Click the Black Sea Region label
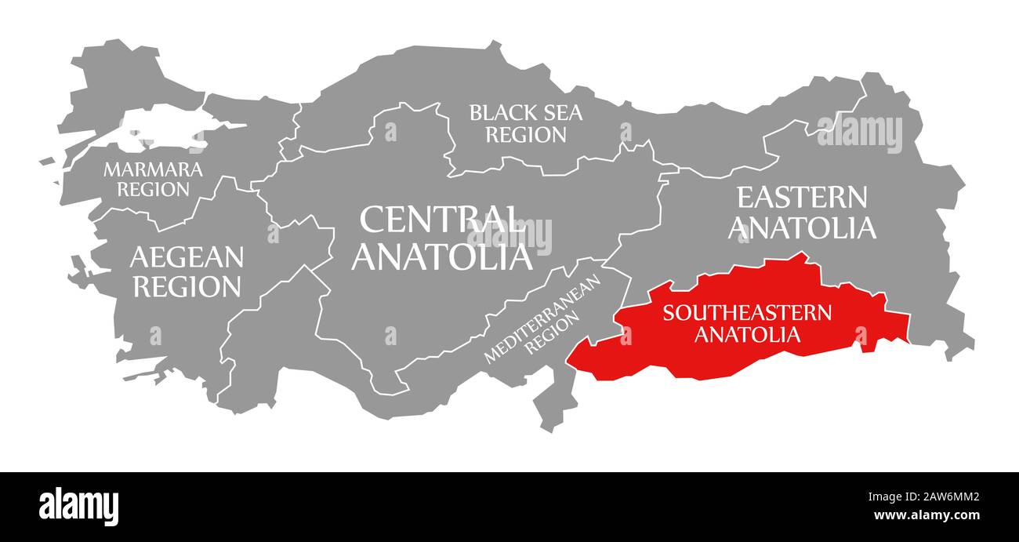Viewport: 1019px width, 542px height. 525,124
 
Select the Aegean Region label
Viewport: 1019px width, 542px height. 187,271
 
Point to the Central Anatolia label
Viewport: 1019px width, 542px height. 441,238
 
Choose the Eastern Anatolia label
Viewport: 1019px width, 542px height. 801,213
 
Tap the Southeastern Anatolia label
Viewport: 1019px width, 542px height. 747,323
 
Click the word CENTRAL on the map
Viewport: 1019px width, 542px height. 441,220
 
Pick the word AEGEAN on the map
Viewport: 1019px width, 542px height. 187,256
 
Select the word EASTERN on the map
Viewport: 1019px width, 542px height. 801,197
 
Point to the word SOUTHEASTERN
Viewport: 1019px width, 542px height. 747,313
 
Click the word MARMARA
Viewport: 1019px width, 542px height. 142,169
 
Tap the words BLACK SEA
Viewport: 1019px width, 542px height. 525,113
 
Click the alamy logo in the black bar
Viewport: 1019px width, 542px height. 78,506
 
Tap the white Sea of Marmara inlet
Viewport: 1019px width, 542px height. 161,130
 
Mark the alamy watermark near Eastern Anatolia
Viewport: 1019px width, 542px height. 859,133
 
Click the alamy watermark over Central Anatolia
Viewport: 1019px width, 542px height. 509,235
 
